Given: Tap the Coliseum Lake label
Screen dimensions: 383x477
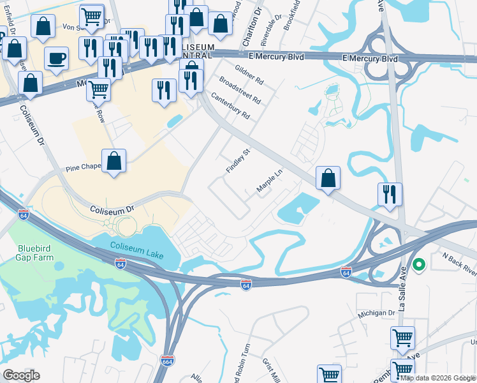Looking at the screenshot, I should coord(136,250).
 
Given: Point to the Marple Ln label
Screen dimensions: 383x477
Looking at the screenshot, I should coord(268,181).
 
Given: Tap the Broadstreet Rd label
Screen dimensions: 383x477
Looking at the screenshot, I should coord(240,90).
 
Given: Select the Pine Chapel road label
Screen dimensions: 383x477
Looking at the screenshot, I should coord(84,168).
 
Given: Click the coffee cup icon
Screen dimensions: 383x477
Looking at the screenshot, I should coord(56,59).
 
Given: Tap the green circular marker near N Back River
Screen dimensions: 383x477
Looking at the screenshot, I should coord(419,264).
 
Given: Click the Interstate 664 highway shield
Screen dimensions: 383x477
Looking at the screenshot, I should coord(167,361).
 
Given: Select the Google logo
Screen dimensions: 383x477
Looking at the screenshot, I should coord(21,375).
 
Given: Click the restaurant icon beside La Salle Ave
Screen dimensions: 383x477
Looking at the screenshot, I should coord(390,194).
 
